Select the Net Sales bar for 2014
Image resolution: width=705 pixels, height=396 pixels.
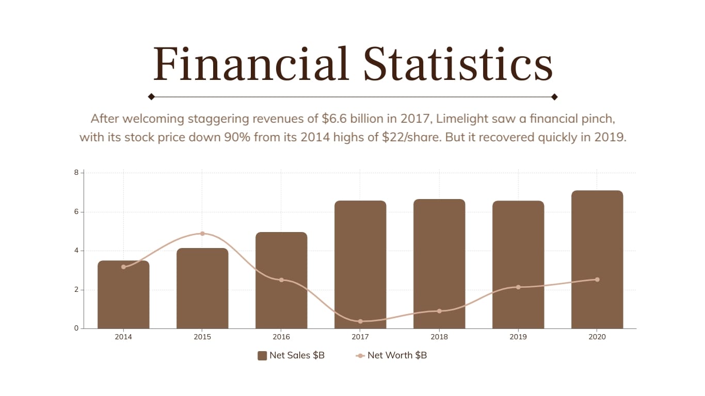point(123,294)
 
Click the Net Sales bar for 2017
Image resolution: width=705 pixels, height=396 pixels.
point(360,265)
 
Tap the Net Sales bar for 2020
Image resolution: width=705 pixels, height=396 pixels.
point(597,259)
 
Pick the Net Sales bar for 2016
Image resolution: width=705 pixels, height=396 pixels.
point(281,280)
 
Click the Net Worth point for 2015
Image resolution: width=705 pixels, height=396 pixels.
point(202,234)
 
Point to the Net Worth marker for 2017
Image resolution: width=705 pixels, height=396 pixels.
point(360,321)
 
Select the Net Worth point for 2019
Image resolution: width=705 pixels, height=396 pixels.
point(518,287)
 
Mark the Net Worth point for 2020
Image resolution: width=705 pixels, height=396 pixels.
point(597,279)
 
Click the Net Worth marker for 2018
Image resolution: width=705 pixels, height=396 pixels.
point(439,311)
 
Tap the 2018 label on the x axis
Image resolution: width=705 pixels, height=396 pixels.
point(439,337)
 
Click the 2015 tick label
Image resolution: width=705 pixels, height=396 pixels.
point(202,337)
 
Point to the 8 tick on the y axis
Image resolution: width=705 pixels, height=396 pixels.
point(76,172)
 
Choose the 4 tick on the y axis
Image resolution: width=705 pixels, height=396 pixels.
point(76,251)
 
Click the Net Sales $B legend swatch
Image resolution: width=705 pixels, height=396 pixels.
point(262,355)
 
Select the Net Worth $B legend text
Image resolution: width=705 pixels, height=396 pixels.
point(397,355)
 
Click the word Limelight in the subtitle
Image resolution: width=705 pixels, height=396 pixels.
point(461,119)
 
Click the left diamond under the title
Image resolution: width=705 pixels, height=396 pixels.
point(151,96)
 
